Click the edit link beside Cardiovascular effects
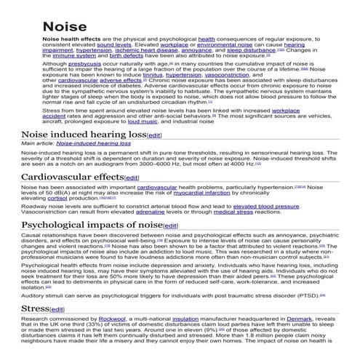point(132,177)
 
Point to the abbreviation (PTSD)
point(305,295)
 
